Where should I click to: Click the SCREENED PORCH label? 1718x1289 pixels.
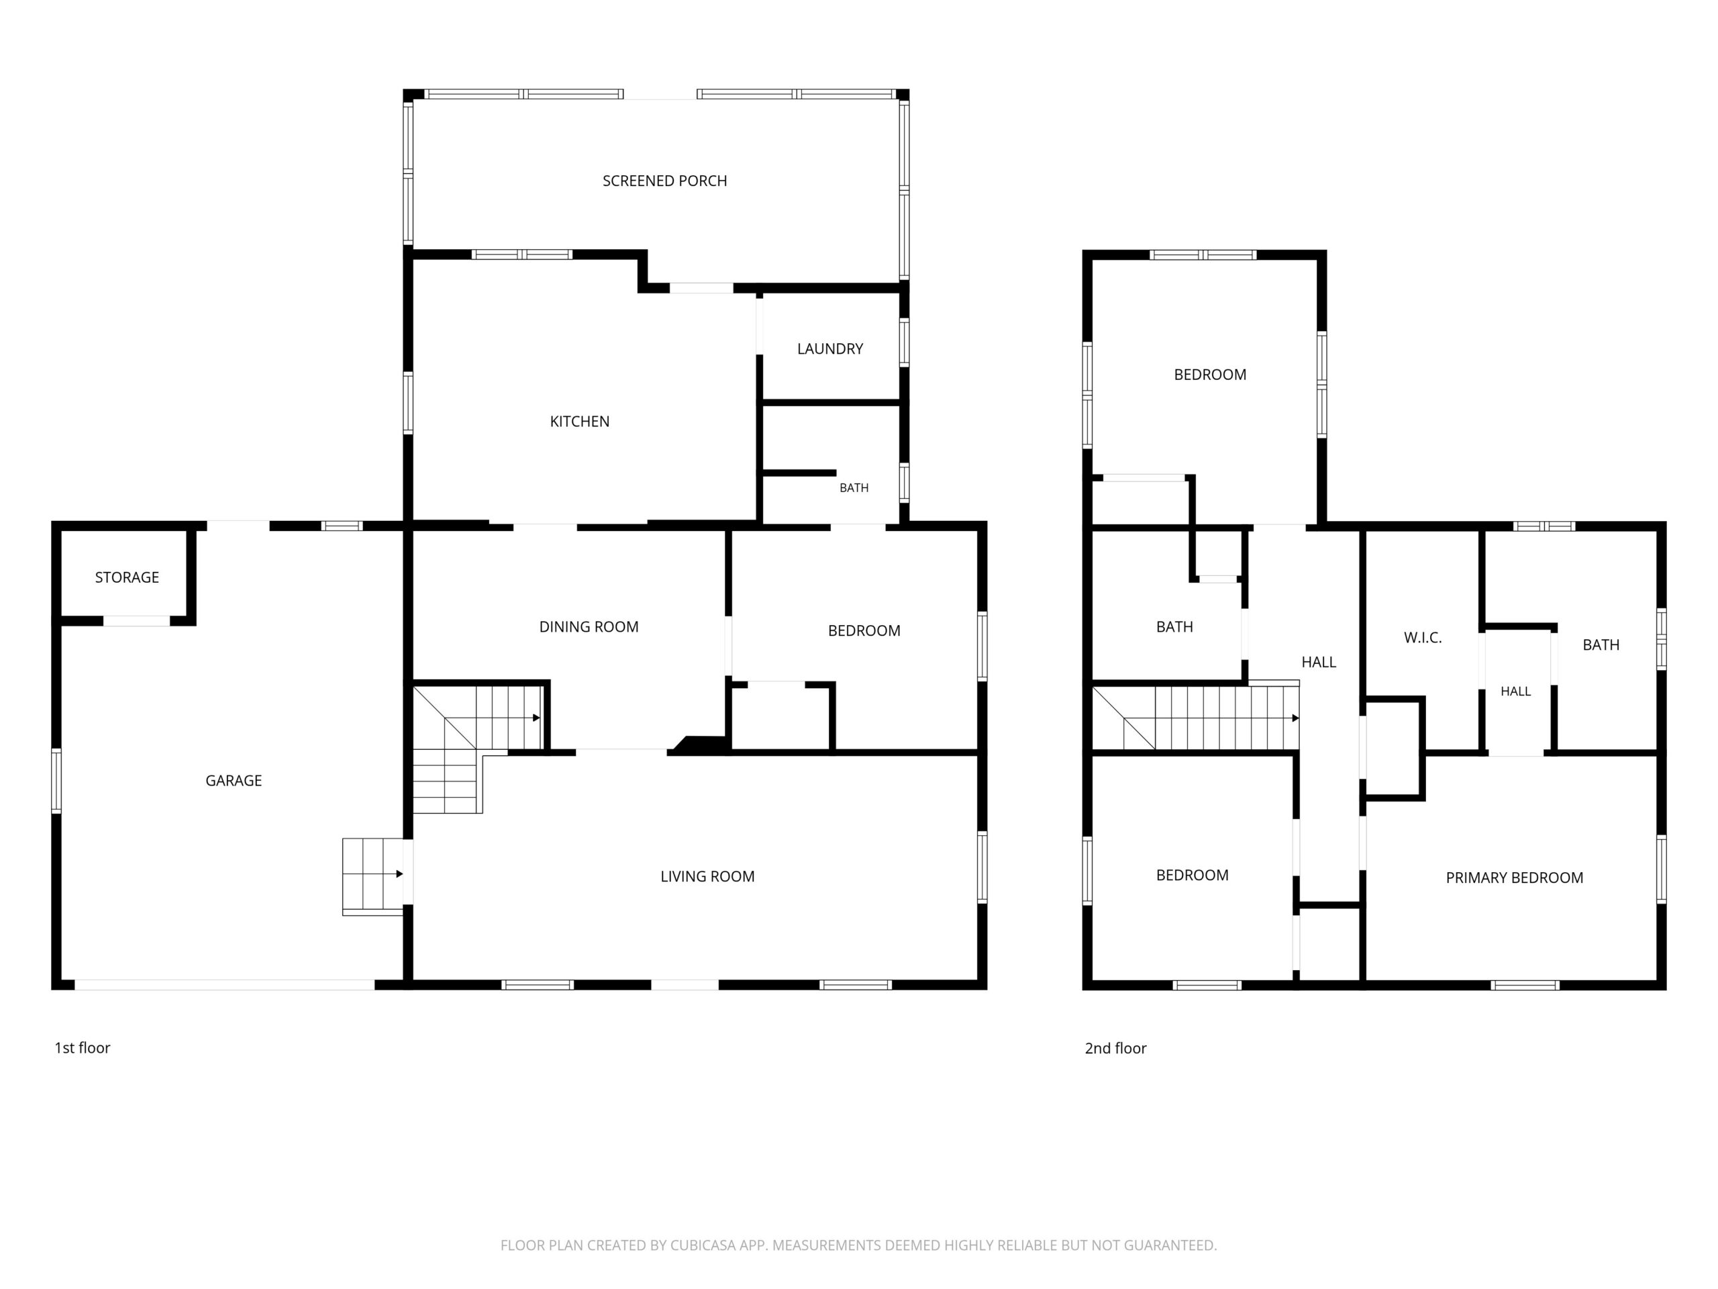point(665,181)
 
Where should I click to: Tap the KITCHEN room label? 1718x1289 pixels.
point(579,422)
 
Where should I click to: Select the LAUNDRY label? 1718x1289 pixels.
point(830,349)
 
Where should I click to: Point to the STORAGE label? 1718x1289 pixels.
point(127,577)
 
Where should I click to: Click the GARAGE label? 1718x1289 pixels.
point(233,781)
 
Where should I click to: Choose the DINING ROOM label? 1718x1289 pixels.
point(589,627)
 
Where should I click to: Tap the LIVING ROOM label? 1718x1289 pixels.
point(707,876)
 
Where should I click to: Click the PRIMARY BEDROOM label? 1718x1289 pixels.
point(1515,878)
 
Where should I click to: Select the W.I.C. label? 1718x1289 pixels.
point(1423,638)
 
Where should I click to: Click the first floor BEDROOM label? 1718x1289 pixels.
point(864,631)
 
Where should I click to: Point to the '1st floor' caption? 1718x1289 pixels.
point(83,1048)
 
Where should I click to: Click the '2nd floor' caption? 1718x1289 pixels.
point(1115,1048)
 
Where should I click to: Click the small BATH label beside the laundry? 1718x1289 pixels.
point(854,488)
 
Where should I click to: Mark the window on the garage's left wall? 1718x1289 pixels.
point(56,781)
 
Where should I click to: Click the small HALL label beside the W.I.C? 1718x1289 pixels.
point(1515,691)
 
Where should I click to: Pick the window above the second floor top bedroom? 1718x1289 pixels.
point(1203,255)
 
